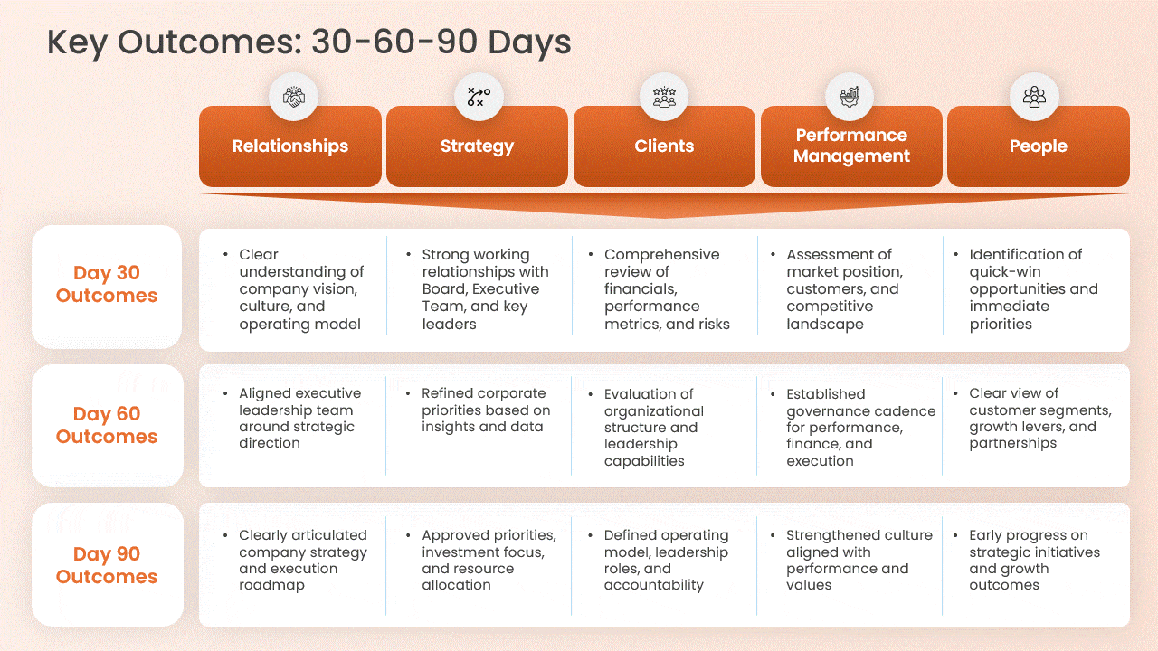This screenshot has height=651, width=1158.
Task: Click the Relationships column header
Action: click(x=289, y=146)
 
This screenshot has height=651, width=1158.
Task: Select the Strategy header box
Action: click(x=477, y=146)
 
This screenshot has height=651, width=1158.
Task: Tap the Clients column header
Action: click(x=664, y=146)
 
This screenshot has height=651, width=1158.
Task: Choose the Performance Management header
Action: click(x=851, y=146)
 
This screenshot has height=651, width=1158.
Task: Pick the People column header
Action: click(x=1038, y=146)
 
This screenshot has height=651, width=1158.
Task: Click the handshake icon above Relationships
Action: click(x=293, y=97)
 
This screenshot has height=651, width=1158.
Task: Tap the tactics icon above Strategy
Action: click(x=479, y=97)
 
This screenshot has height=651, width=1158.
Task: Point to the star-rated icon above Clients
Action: click(x=664, y=97)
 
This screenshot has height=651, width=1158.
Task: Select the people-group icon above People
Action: click(x=1034, y=97)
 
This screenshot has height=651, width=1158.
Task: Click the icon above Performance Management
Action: click(x=849, y=97)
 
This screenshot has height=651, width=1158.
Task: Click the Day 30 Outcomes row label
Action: click(x=107, y=285)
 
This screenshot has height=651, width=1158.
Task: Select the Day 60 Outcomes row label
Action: click(x=107, y=425)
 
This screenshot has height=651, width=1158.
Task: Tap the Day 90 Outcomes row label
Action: click(x=107, y=565)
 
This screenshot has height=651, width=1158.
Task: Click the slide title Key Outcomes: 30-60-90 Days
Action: click(x=308, y=42)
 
